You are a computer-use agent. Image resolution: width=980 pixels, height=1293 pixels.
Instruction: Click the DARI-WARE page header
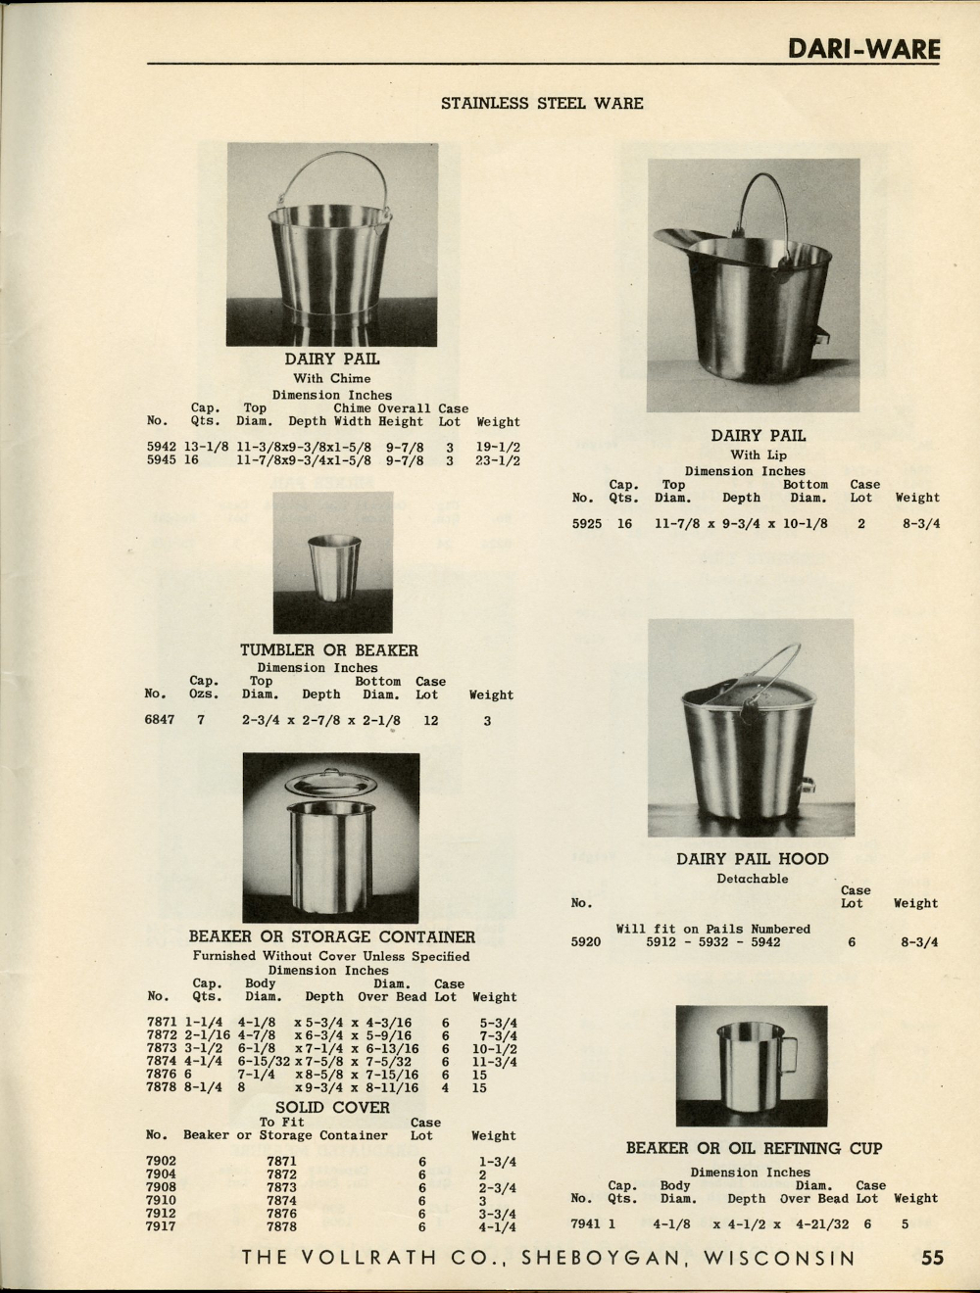point(863,49)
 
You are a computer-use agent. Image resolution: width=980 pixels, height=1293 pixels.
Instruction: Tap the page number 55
point(932,1258)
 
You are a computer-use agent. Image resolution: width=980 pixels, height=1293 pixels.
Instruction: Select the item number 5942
point(161,447)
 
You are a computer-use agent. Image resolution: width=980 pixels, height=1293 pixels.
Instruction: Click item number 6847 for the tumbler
point(160,721)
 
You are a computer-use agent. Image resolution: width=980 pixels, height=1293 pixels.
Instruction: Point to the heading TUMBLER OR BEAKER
point(329,650)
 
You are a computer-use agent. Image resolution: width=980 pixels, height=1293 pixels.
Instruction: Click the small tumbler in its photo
point(328,566)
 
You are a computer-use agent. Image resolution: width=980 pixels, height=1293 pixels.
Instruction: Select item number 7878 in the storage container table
point(161,1087)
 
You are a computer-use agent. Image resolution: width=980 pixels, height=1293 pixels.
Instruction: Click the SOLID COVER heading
point(332,1108)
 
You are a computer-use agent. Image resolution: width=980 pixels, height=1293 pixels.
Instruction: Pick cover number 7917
point(161,1226)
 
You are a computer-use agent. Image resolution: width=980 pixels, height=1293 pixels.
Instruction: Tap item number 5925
point(587,524)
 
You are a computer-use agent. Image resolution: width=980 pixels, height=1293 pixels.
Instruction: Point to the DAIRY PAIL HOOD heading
point(752,860)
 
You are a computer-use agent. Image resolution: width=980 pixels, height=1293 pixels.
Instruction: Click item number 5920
point(585,942)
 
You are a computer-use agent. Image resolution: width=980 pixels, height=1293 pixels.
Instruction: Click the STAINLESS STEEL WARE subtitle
point(542,103)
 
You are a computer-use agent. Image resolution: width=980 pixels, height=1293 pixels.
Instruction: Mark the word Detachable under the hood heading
point(752,879)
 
